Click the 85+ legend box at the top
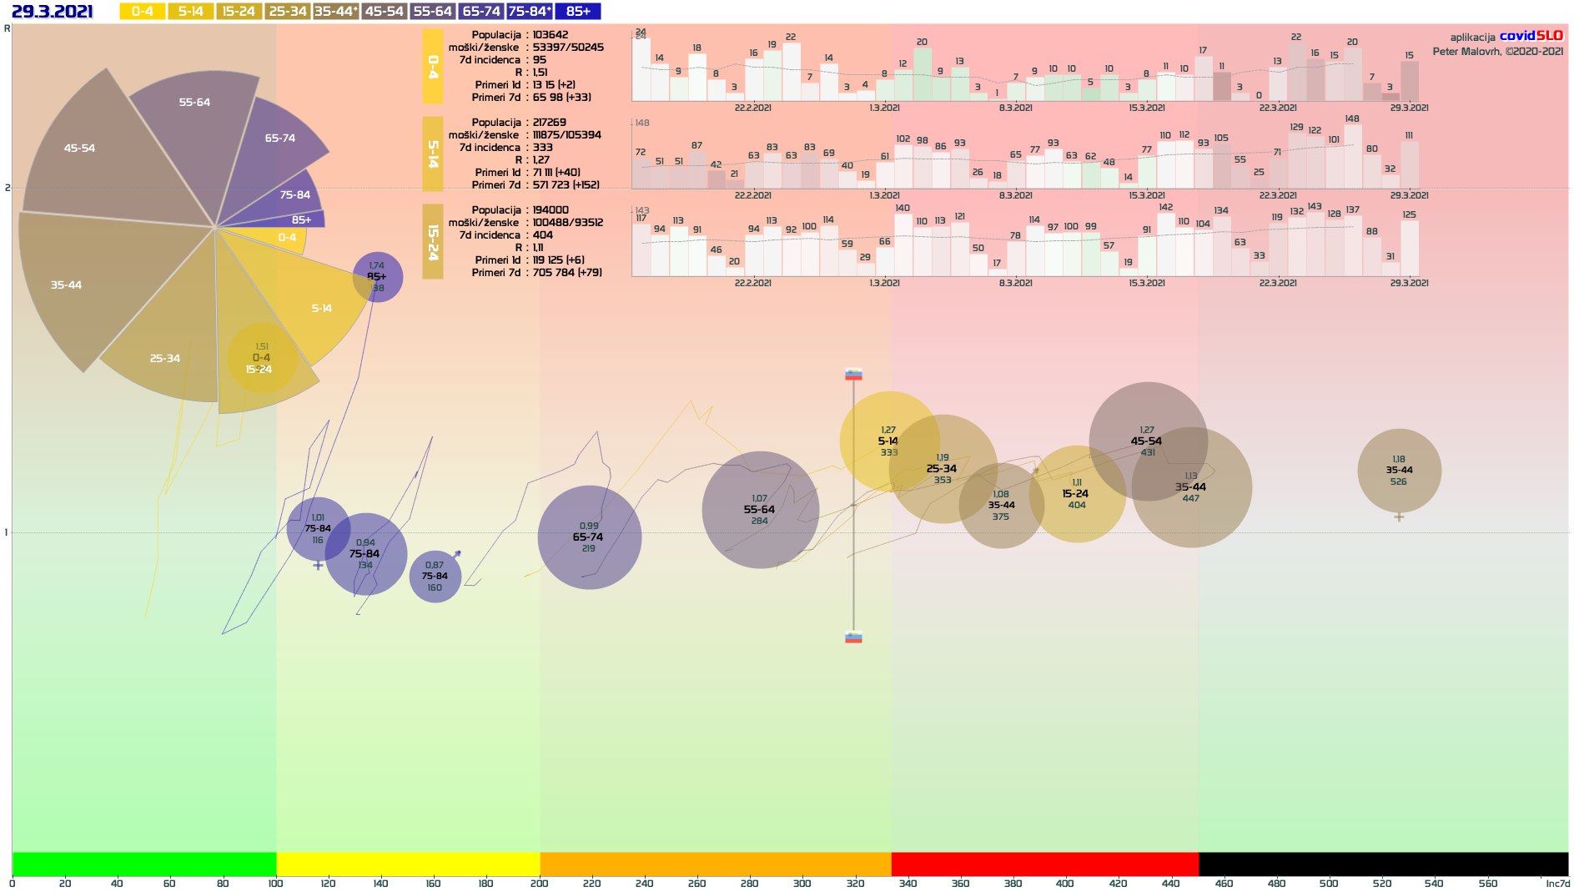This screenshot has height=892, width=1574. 578,11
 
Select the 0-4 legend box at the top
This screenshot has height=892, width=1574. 142,11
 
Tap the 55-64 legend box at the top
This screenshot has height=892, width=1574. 433,11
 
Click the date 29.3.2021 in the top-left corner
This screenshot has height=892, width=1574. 53,11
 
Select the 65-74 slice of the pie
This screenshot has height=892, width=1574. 279,142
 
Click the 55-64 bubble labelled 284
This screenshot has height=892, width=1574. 760,510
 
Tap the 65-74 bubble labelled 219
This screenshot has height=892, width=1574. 589,537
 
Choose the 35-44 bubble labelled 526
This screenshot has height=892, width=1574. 1399,471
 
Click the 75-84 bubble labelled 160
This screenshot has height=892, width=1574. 435,576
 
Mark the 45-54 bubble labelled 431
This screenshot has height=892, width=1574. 1147,441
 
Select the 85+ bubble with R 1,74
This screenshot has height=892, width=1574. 377,276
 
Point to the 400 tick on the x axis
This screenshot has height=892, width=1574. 1065,883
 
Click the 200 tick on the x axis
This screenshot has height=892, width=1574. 540,883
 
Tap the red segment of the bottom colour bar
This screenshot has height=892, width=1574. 1044,864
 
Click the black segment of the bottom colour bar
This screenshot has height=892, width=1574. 1383,864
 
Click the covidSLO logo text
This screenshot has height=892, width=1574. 1531,36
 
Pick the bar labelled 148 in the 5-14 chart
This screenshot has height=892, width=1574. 1352,156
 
